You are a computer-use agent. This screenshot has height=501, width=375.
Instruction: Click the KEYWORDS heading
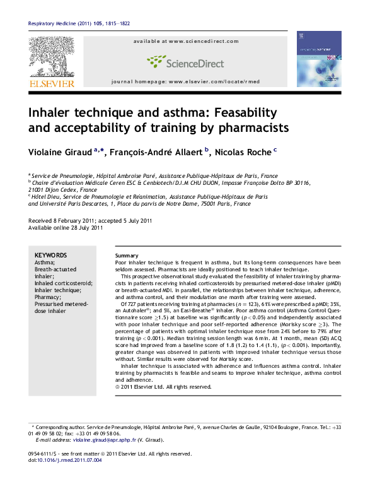[x=49, y=254]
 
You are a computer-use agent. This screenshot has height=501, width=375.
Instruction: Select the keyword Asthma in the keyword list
[x=44, y=261]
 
